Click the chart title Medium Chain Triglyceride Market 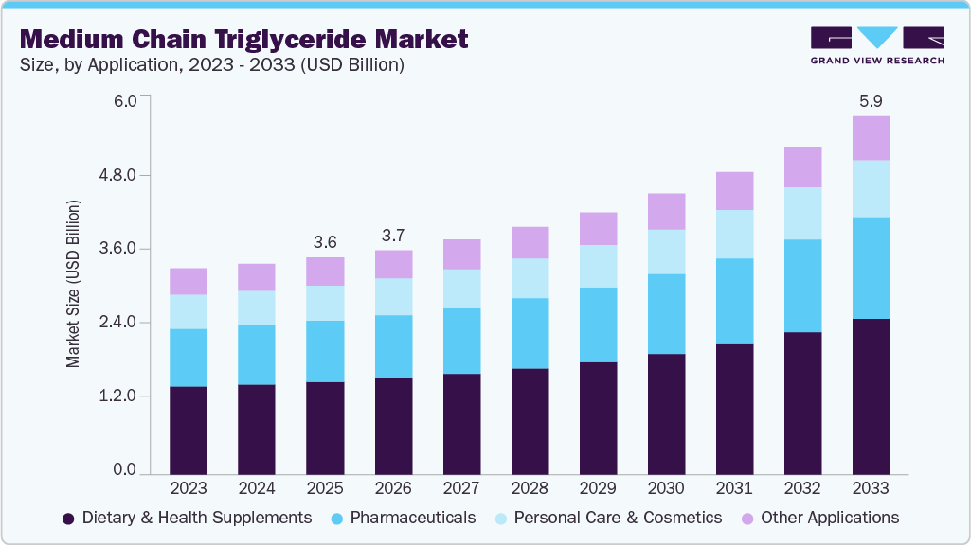243,39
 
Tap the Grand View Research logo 876,45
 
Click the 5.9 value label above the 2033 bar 871,100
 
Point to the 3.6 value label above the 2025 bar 325,241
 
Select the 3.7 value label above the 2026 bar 393,234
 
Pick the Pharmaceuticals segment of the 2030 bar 666,313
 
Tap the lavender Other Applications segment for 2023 189,281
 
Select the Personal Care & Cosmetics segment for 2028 530,278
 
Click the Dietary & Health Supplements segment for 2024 257,429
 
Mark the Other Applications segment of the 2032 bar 802,167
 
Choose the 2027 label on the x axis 461,488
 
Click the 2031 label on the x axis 734,488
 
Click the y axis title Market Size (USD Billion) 73,284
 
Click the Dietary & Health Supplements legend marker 68,519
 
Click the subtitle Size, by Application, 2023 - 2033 212,65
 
